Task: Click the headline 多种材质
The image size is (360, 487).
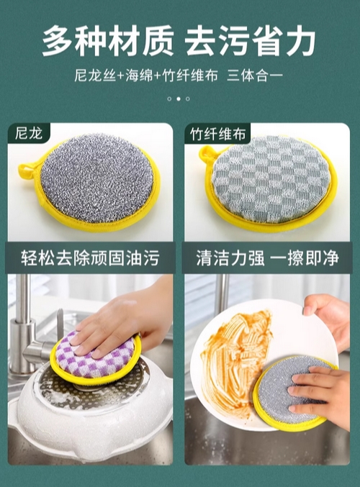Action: (108, 41)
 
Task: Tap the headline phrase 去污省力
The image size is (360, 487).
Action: (251, 41)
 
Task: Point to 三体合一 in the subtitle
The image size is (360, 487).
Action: (255, 76)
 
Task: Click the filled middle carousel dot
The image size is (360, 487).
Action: (179, 99)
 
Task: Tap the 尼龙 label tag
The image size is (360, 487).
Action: (29, 134)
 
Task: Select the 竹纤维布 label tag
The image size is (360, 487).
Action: (217, 134)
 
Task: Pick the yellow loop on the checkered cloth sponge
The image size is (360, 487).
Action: (207, 155)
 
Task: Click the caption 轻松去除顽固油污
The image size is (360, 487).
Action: (90, 258)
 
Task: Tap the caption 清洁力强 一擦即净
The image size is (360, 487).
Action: (267, 258)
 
